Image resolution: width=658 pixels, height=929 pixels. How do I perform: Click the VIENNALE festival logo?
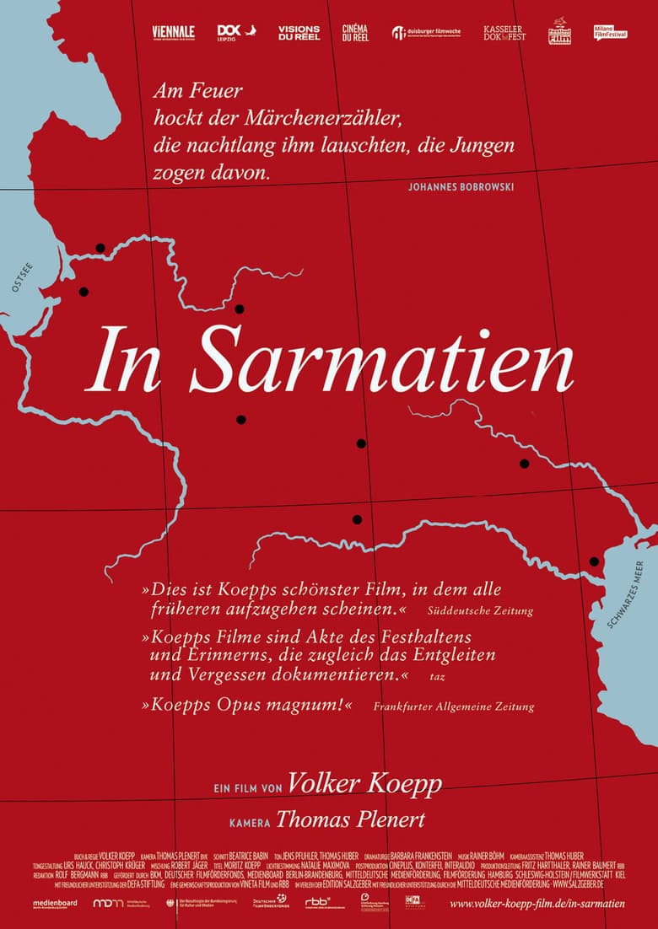coord(172,32)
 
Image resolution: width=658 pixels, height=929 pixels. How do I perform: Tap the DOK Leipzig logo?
coord(230,32)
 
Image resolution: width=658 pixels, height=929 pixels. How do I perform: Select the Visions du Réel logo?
coord(299,32)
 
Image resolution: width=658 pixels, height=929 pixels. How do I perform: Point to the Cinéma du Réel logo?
coord(355,32)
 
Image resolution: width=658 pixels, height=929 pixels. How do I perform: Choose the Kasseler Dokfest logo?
coord(504,32)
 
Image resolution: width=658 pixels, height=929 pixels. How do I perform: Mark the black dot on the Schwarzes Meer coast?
coord(594,561)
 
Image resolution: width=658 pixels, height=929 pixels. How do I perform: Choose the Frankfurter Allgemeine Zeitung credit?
coord(453,706)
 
